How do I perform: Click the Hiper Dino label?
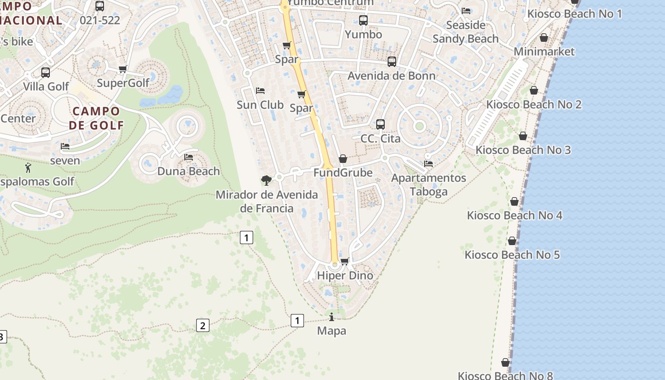coord(345,275)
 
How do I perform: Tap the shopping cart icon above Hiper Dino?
coord(345,261)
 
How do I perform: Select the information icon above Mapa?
coord(332,317)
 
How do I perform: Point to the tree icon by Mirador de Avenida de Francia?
coord(266,180)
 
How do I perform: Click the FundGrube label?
coord(343,172)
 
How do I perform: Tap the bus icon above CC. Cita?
coord(380,124)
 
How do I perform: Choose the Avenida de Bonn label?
coord(391,76)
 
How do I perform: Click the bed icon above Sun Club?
coord(260,91)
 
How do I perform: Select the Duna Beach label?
coord(189,171)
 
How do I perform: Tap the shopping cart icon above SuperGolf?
coord(123,69)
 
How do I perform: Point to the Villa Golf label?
coord(46,86)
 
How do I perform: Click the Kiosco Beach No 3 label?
coord(523,150)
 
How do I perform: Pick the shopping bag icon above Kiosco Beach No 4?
coord(514,202)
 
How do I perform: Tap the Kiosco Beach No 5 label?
coord(512,255)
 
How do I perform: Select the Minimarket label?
coord(544,51)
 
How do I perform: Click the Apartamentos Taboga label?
coord(428,184)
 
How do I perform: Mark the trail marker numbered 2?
coord(202,325)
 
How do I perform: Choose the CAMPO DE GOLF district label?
coord(96,118)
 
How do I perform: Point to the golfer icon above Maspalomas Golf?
coord(28,167)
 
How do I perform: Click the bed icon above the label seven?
coord(65,146)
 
